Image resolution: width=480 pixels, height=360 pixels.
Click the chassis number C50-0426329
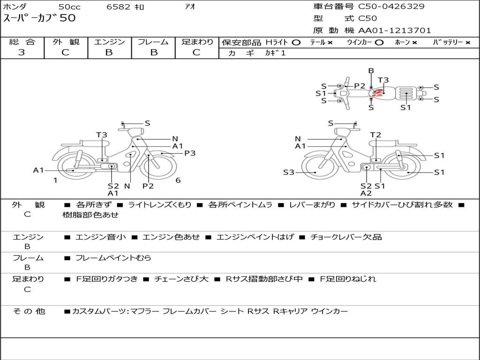click(391, 6)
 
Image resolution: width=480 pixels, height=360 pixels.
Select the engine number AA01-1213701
click(395, 30)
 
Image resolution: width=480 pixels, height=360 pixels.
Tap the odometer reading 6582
click(119, 7)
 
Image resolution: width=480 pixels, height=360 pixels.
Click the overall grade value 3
click(22, 52)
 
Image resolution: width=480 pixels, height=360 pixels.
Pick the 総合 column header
click(22, 42)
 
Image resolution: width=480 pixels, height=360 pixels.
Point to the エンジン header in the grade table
click(109, 42)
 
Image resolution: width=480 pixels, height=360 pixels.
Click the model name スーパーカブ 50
click(39, 18)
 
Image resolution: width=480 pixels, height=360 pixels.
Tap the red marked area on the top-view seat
click(378, 92)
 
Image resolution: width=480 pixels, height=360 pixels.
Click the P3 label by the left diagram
click(190, 153)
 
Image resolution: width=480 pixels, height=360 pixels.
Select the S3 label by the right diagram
click(289, 172)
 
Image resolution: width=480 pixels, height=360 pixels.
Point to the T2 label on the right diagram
click(375, 135)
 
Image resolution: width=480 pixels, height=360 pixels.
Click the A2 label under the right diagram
click(366, 193)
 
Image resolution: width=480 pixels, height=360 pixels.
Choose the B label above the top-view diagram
click(371, 71)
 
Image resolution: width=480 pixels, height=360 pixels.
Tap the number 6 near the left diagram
click(178, 180)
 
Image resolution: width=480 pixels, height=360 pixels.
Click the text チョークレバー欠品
click(346, 237)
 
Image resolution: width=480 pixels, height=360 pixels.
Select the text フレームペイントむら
click(113, 258)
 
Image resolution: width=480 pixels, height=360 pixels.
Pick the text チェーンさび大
click(181, 279)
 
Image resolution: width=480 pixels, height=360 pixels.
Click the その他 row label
click(29, 311)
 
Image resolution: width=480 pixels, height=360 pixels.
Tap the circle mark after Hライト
click(296, 43)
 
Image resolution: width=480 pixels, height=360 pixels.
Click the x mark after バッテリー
click(468, 43)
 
